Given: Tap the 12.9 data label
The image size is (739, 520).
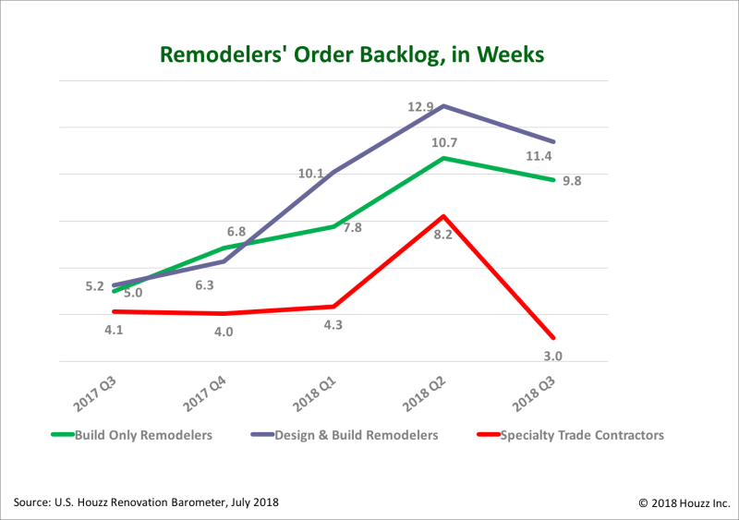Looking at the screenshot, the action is (420, 107).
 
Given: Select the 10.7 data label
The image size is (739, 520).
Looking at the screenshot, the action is (444, 142).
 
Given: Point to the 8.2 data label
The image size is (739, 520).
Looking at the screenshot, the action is (443, 235).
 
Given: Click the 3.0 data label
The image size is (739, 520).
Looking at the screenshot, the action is (552, 356).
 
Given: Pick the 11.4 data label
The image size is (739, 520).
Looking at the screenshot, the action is (539, 156).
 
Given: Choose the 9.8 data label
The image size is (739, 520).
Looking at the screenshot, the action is (572, 181).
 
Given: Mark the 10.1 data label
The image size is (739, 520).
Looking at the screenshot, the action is (311, 174).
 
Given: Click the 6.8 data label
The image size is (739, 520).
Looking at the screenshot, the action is (236, 232).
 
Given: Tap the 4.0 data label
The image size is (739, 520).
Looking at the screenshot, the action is (224, 332).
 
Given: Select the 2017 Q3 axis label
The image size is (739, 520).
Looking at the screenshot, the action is (94, 394).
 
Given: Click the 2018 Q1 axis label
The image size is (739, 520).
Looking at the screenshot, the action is (314, 394).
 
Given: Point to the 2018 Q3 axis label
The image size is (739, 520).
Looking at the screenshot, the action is (534, 394).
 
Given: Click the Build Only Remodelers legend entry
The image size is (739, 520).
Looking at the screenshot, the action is (132, 435).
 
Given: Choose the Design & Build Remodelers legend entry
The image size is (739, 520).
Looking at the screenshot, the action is (345, 435).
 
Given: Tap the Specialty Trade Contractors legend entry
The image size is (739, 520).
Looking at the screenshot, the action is (571, 435).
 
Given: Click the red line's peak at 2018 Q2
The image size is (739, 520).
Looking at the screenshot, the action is (443, 216).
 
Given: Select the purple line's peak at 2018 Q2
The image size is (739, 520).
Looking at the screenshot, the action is (443, 106).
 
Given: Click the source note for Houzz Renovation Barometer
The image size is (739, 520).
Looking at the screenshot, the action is (146, 502).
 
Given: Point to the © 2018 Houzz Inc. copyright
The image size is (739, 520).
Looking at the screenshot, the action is (684, 503).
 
